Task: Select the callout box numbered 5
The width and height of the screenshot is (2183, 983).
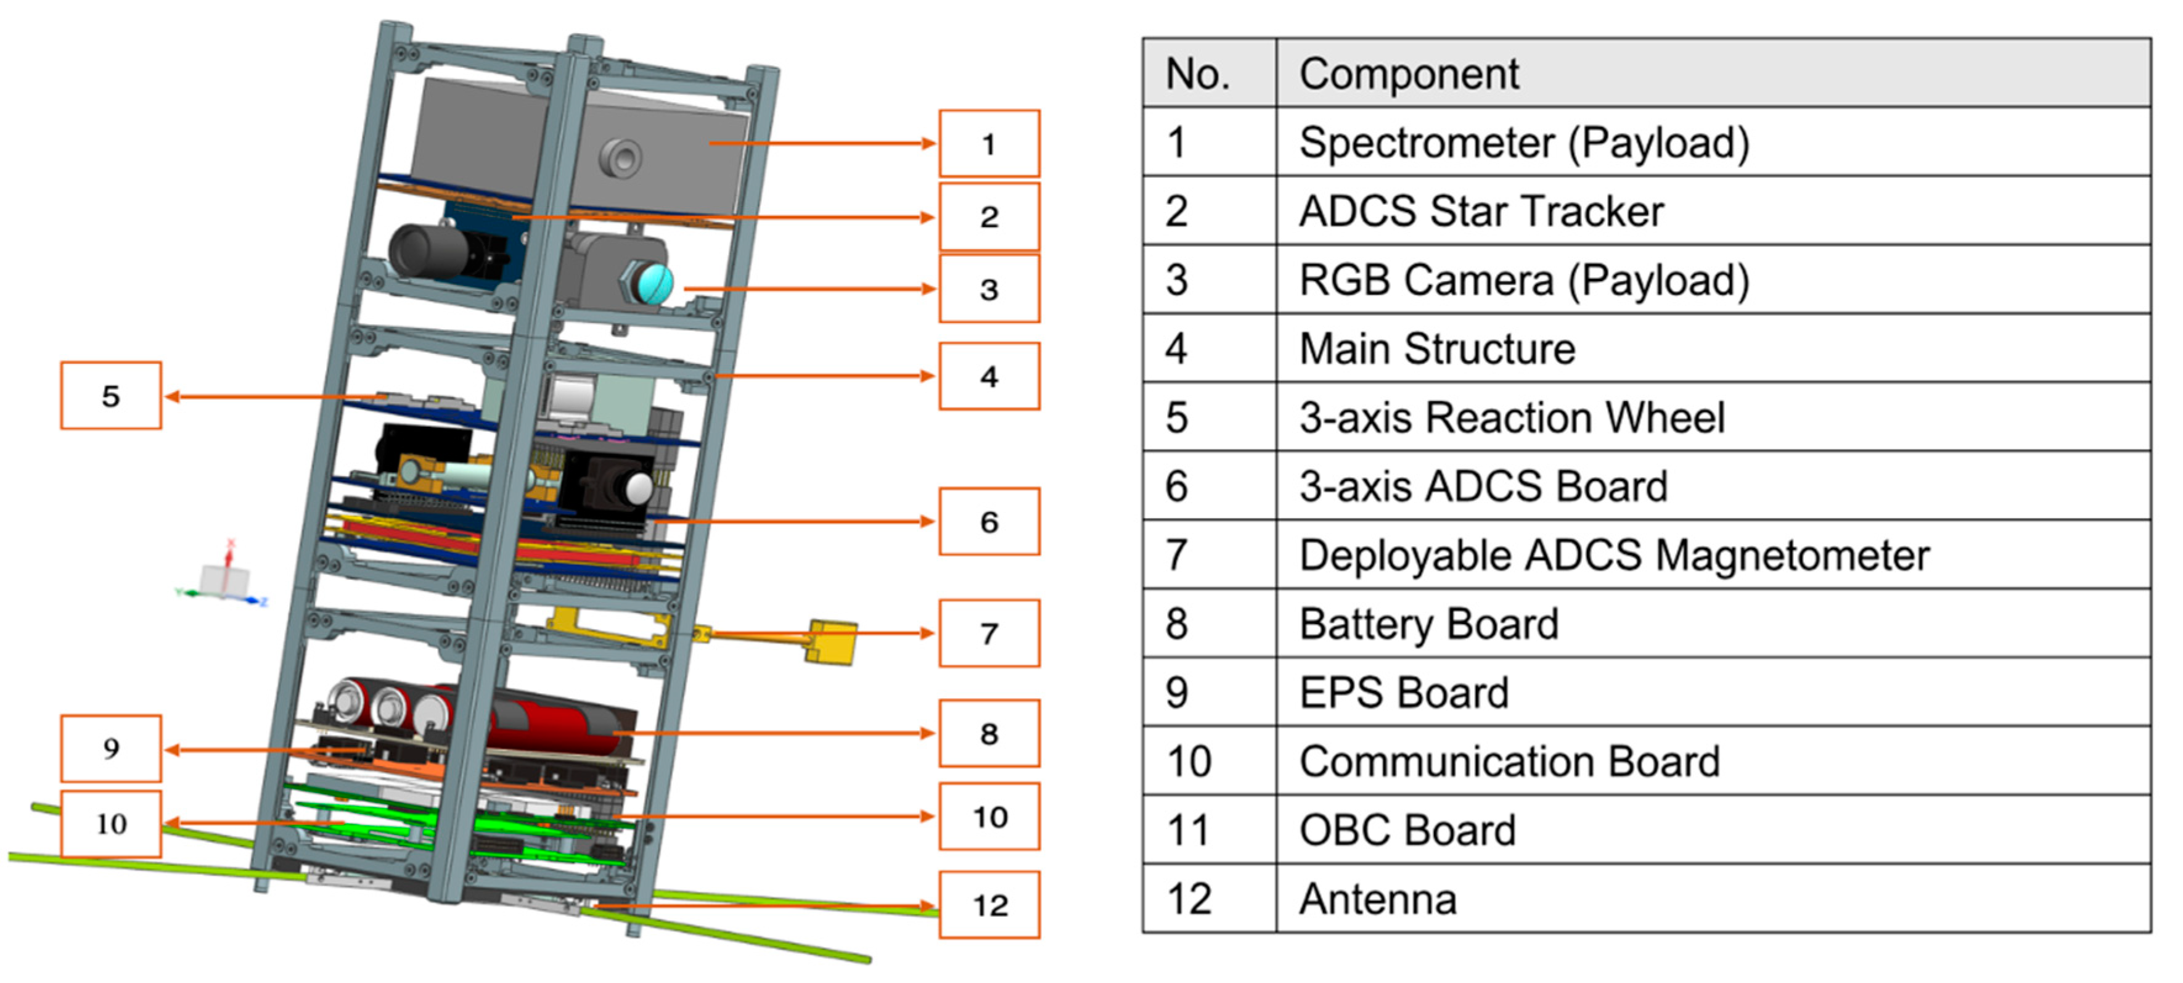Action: pos(110,396)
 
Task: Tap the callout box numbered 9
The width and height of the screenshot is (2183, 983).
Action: pos(110,748)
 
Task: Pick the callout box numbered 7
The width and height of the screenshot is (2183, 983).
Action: pos(988,633)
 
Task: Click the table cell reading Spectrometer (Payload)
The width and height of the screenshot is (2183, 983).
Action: pos(1524,142)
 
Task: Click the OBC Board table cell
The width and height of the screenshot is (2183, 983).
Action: pos(1407,829)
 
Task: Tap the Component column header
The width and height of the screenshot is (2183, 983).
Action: pos(1409,74)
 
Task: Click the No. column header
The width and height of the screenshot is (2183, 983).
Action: pos(1197,74)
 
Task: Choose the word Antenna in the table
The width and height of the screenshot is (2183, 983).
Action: pos(1377,899)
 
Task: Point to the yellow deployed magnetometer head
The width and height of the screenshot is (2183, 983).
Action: pos(832,641)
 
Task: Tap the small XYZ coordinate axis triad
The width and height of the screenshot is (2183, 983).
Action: pos(224,580)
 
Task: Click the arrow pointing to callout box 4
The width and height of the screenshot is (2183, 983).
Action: pos(822,376)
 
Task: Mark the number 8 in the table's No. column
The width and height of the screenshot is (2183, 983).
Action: pos(1176,623)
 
